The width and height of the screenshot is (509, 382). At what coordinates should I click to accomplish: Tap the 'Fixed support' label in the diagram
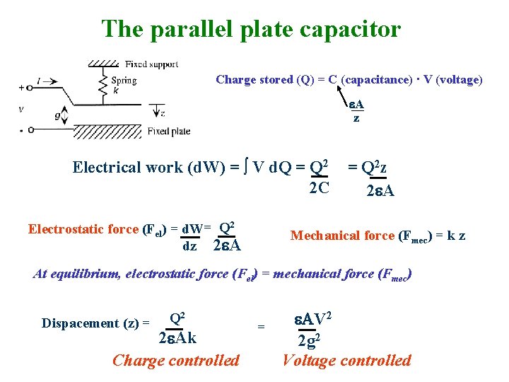[x=151, y=64]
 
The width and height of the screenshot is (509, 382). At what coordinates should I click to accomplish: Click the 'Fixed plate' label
[x=169, y=131]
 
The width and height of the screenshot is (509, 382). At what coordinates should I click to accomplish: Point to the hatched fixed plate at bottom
[x=106, y=132]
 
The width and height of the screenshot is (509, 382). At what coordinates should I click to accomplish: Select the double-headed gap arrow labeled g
[x=66, y=112]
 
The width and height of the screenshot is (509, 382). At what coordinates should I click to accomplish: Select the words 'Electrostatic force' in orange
[x=83, y=229]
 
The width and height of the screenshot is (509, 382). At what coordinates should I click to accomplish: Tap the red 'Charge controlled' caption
[x=176, y=360]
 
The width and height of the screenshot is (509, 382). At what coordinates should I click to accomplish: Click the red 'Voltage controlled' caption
[x=346, y=360]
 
